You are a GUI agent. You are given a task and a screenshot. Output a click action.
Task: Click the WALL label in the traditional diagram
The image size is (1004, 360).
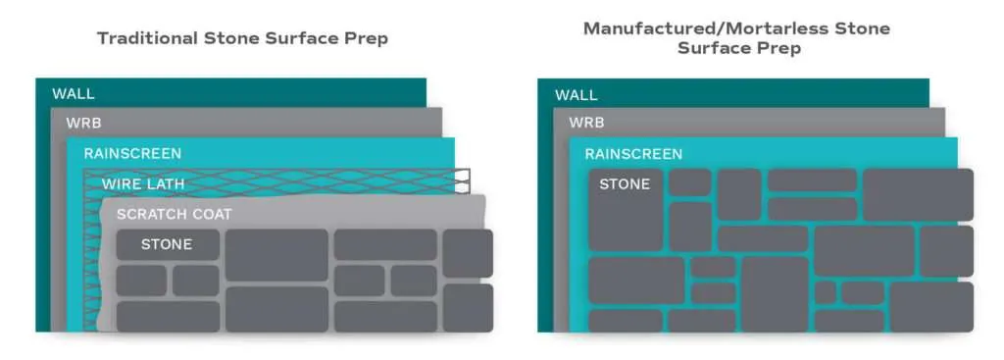click(x=74, y=94)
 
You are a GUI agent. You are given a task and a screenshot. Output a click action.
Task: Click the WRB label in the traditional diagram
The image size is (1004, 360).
click(x=83, y=124)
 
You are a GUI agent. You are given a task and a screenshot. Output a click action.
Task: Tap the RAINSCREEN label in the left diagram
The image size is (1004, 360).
click(x=132, y=154)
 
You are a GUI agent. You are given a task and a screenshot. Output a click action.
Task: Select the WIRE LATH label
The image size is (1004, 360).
click(x=142, y=183)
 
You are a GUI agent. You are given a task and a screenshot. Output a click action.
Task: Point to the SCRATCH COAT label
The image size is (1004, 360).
click(x=174, y=214)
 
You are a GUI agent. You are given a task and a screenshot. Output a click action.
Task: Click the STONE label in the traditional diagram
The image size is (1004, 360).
click(x=167, y=244)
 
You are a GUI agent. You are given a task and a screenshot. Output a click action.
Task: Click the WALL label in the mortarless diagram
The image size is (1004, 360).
click(x=576, y=95)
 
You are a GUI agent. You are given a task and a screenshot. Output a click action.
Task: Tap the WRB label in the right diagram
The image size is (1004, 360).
click(x=586, y=125)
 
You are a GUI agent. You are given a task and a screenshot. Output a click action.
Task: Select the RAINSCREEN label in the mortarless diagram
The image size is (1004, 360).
click(x=633, y=154)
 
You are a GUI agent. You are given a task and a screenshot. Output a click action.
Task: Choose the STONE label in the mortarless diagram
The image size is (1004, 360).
click(x=625, y=183)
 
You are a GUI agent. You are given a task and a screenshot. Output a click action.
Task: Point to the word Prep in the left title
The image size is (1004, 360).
click(x=368, y=39)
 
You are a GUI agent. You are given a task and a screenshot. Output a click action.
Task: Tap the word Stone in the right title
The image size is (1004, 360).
click(x=864, y=28)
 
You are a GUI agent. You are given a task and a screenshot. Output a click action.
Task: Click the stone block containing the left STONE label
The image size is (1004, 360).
click(x=168, y=245)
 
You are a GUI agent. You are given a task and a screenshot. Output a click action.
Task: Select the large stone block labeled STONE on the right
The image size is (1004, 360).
click(x=626, y=209)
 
